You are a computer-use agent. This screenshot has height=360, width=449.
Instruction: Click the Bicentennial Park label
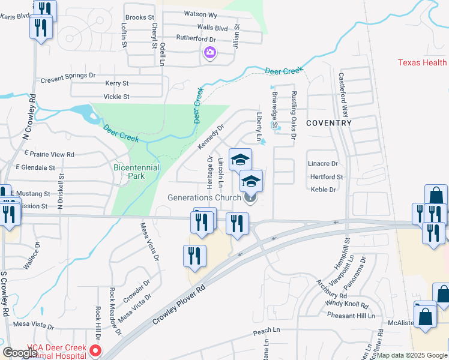pyautogui.click(x=136, y=172)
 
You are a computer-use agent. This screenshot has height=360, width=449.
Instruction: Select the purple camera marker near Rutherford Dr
pyautogui.click(x=209, y=53)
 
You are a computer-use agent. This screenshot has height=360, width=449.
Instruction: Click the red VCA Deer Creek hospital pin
pyautogui.click(x=95, y=350)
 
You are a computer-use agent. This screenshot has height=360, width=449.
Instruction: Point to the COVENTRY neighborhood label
pyautogui.click(x=328, y=123)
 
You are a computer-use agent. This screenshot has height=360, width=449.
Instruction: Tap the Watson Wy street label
pyautogui.click(x=200, y=13)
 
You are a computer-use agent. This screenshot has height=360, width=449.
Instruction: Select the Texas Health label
pyautogui.click(x=423, y=63)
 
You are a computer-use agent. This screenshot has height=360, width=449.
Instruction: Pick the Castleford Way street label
pyautogui.click(x=345, y=96)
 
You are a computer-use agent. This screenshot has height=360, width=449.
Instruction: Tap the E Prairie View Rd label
pyautogui.click(x=46, y=154)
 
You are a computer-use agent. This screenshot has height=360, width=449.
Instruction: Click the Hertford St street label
pyautogui.click(x=327, y=177)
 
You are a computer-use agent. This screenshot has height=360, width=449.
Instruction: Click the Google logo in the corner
pyautogui.click(x=20, y=353)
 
